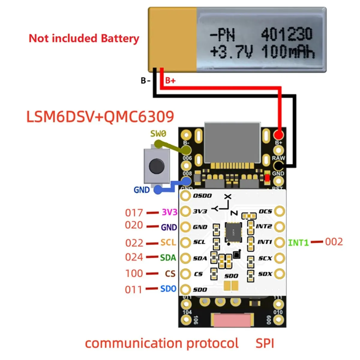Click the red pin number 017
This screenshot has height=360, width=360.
click(134, 213)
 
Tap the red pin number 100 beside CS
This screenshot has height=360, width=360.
click(134, 273)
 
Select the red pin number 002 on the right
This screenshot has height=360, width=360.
click(334, 242)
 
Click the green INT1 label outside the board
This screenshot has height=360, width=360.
click(298, 242)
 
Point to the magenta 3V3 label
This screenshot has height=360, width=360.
click(169, 212)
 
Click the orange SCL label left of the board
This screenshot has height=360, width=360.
click(168, 242)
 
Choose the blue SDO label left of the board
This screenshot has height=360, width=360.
click(168, 289)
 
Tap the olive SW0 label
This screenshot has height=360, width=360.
click(158, 133)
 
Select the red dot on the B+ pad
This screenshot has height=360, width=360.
click(279, 134)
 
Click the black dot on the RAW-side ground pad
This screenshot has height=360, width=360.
click(279, 165)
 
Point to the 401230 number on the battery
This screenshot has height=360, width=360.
click(286, 34)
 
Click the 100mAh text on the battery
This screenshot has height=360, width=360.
click(288, 52)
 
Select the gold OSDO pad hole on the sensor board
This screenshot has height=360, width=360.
click(186, 196)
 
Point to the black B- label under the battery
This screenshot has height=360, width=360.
click(145, 80)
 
